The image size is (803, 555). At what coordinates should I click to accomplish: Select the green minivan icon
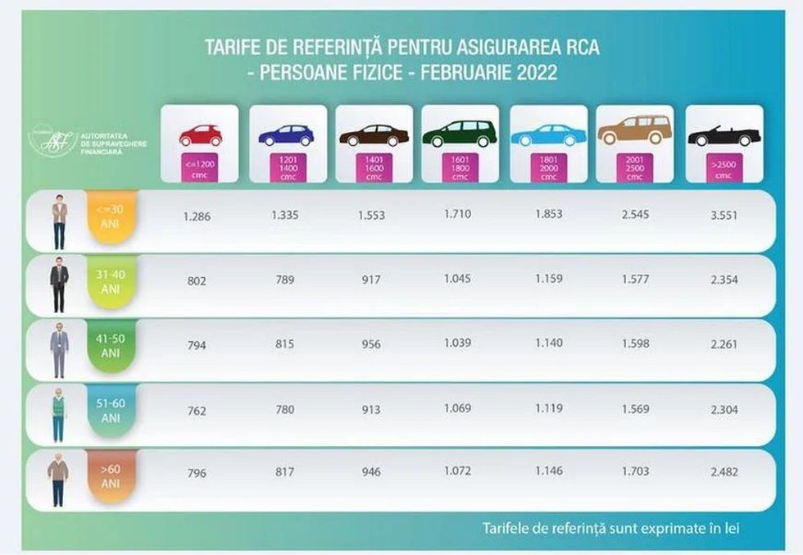[460, 134]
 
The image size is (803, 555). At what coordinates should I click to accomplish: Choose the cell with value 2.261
[724, 344]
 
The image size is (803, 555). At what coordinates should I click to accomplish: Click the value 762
[196, 409]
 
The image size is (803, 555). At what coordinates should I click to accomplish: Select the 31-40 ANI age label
[111, 281]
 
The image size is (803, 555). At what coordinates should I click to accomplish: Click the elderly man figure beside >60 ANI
[58, 480]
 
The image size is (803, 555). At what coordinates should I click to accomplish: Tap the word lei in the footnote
[732, 528]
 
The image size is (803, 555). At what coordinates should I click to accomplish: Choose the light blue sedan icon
[548, 134]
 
